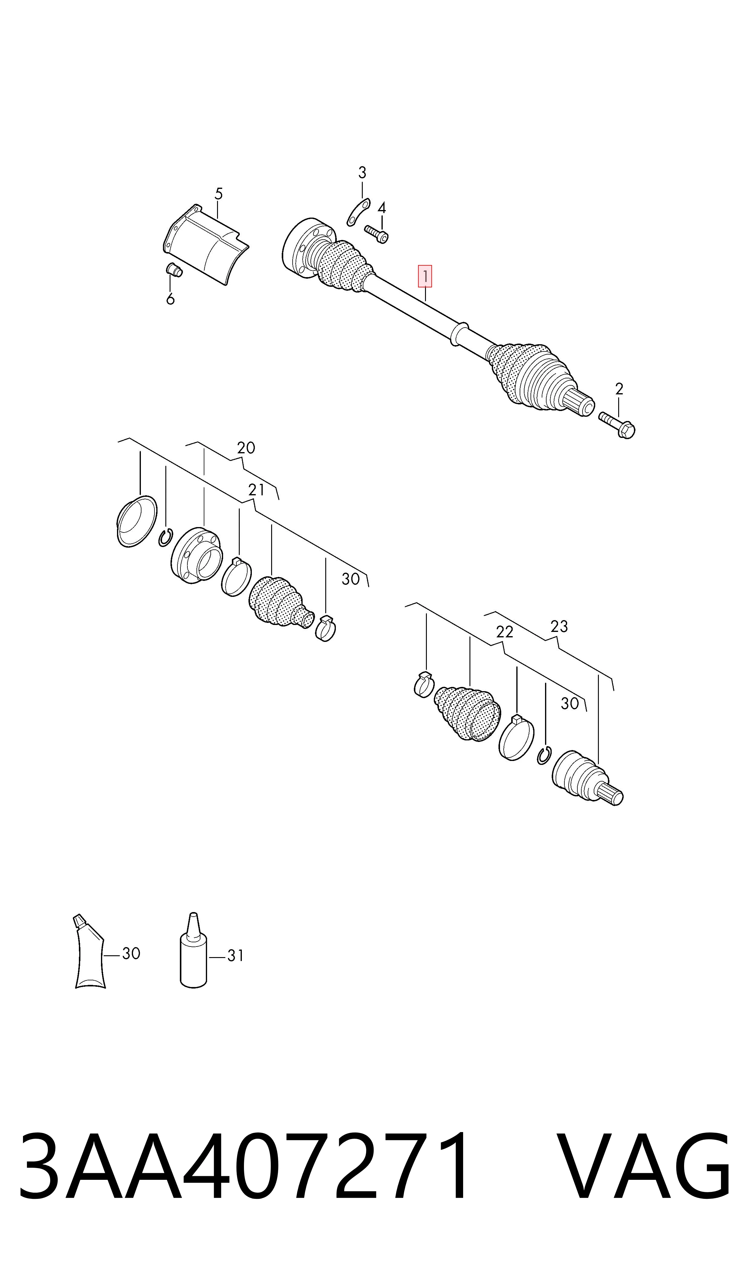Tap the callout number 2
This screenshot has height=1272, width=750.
[619, 389]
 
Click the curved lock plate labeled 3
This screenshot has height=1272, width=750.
[358, 212]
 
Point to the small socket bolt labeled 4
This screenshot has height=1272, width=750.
[376, 233]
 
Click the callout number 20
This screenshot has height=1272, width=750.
[246, 448]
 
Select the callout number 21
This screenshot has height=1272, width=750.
[256, 490]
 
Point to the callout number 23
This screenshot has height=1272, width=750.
[559, 626]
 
